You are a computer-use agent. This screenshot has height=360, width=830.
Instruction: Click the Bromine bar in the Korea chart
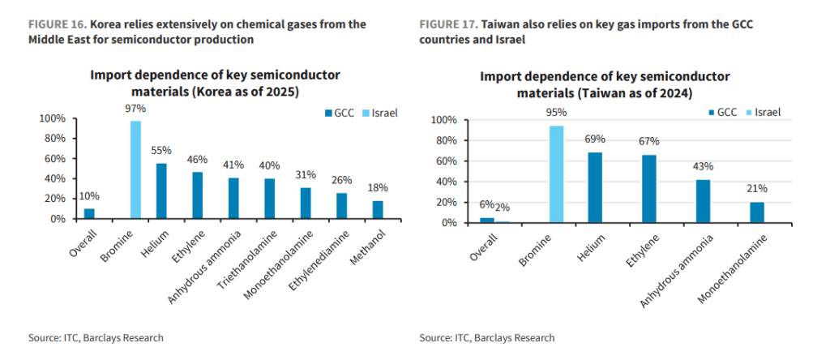click(x=135, y=170)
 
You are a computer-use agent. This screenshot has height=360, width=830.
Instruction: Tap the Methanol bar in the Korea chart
click(x=377, y=210)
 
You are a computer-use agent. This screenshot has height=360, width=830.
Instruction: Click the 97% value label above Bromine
click(x=135, y=109)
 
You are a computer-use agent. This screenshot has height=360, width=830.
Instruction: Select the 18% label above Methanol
click(x=377, y=188)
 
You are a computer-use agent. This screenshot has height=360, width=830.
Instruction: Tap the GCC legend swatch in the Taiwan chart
click(x=710, y=112)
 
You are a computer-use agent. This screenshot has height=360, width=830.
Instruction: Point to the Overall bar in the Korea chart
click(x=89, y=214)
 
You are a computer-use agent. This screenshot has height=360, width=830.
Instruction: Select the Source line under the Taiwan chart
click(x=486, y=338)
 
